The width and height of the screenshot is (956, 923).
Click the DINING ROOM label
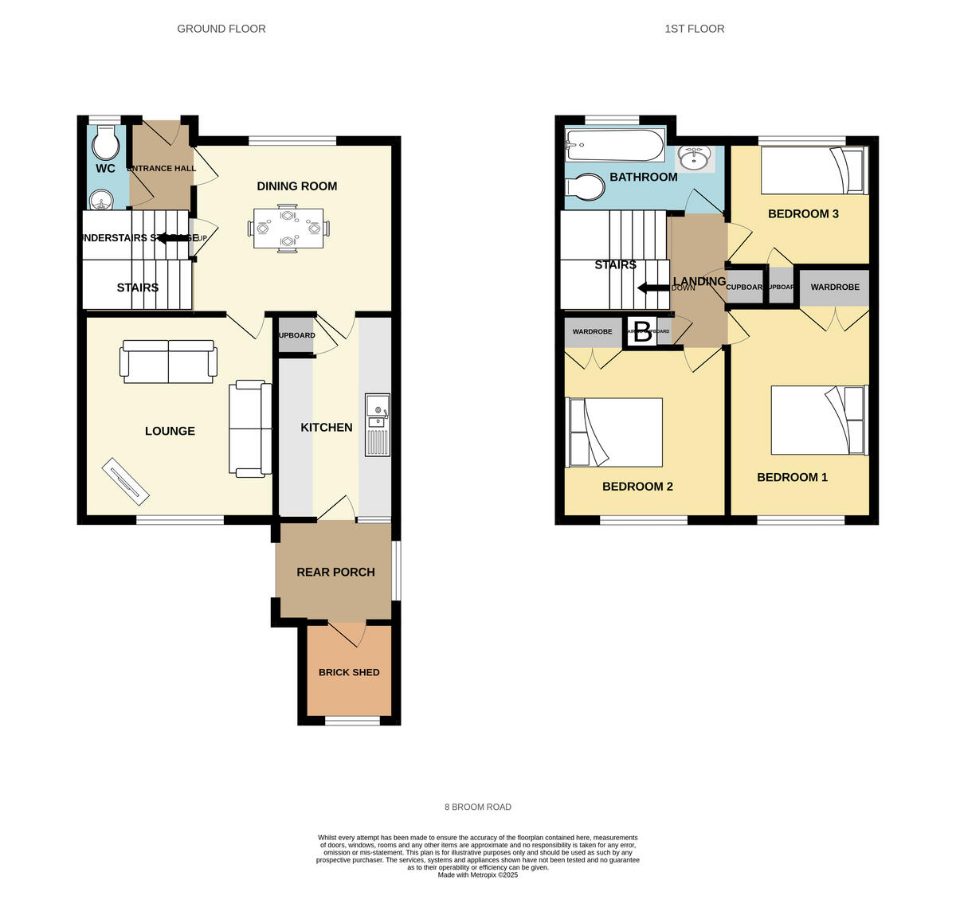pyautogui.click(x=296, y=186)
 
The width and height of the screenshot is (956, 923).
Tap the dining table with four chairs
pyautogui.click(x=288, y=229)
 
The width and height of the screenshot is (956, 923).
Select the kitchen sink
pyautogui.click(x=377, y=425)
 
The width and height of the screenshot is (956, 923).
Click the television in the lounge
pyautogui.click(x=126, y=482)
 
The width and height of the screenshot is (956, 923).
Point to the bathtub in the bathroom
pyautogui.click(x=613, y=146)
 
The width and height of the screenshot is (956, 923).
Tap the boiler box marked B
pyautogui.click(x=642, y=332)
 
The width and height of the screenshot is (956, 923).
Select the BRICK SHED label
pyautogui.click(x=349, y=672)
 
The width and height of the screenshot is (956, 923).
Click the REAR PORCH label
pyautogui.click(x=335, y=572)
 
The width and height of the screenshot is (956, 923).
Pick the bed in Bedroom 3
pyautogui.click(x=812, y=171)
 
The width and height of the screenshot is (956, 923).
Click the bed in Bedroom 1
pyautogui.click(x=819, y=420)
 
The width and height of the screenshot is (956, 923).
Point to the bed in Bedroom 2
pyautogui.click(x=614, y=432)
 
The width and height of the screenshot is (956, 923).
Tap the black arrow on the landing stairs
pyautogui.click(x=653, y=288)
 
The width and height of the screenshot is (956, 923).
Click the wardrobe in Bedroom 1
pyautogui.click(x=835, y=287)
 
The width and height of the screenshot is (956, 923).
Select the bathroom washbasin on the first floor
pyautogui.click(x=695, y=158)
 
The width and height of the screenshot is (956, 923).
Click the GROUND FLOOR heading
pyautogui.click(x=221, y=29)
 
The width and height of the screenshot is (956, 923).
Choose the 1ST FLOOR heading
pyautogui.click(x=694, y=29)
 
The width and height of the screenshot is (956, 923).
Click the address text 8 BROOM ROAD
pyautogui.click(x=478, y=807)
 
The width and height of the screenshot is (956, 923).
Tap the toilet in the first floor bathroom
pyautogui.click(x=584, y=186)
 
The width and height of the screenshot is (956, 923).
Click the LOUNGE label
pyautogui.click(x=170, y=431)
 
